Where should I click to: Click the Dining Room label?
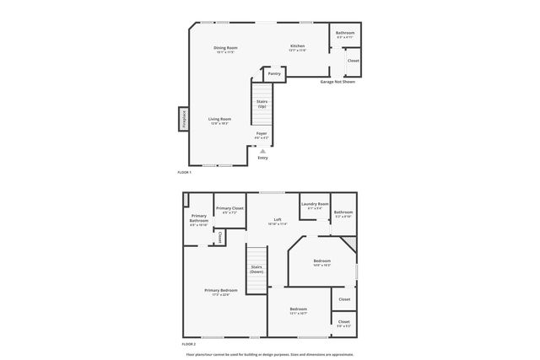pyautogui.click(x=225, y=49)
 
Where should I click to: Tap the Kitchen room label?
pyautogui.click(x=297, y=47)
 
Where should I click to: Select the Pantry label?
pyautogui.click(x=274, y=74)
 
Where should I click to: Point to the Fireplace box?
pyautogui.click(x=183, y=119)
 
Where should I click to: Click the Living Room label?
pyautogui.click(x=220, y=121)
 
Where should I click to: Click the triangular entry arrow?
pyautogui.click(x=262, y=151)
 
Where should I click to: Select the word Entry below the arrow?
pyautogui.click(x=262, y=158)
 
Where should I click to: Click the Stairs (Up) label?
pyautogui.click(x=262, y=104)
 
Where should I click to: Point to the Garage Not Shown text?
pyautogui.click(x=337, y=82)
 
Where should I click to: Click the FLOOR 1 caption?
pyautogui.click(x=185, y=172)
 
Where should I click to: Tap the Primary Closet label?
pyautogui.click(x=229, y=210)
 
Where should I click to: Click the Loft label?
pyautogui.click(x=278, y=222)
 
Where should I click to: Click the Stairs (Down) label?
pyautogui.click(x=256, y=270)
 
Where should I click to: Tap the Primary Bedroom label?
pyautogui.click(x=221, y=292)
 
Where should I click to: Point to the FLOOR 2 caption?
pyautogui.click(x=188, y=344)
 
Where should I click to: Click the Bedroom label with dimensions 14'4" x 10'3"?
pyautogui.click(x=322, y=262)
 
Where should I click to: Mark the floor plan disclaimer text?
pyautogui.click(x=270, y=354)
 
